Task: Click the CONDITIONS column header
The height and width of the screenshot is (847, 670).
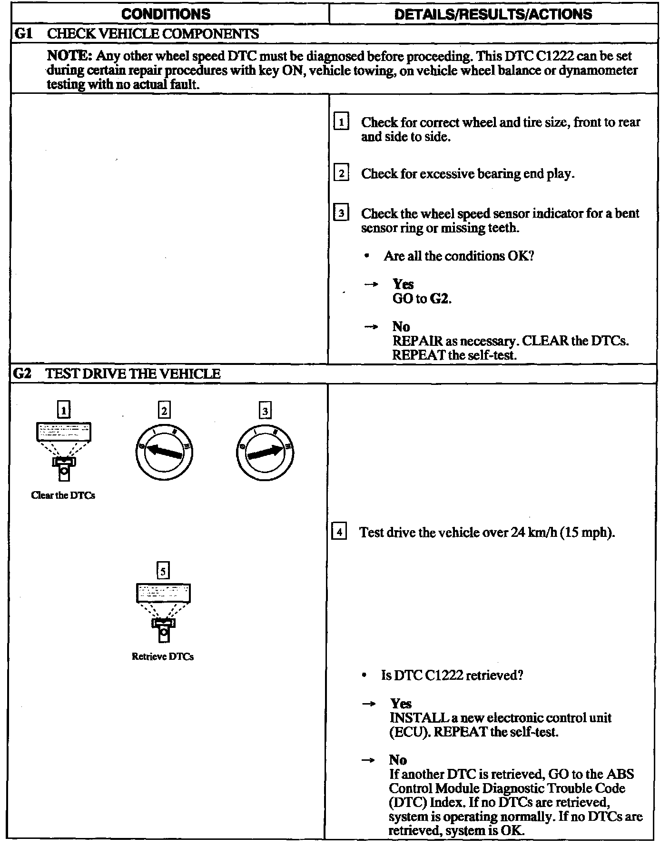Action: click(166, 14)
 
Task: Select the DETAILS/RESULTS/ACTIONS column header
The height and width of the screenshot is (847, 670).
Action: click(493, 14)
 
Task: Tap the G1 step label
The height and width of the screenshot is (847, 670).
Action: click(23, 34)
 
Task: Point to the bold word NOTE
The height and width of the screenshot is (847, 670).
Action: click(69, 56)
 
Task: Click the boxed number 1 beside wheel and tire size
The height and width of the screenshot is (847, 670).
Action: click(341, 122)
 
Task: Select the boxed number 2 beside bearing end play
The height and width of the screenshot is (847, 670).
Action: click(341, 173)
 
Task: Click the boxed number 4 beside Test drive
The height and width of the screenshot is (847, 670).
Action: click(338, 532)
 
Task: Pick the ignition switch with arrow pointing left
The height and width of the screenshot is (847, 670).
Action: click(164, 450)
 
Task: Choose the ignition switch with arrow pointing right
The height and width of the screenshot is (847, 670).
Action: click(265, 451)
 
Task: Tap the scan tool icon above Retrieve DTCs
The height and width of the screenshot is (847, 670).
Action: click(163, 611)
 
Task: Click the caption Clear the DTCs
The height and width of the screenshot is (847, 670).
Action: click(63, 495)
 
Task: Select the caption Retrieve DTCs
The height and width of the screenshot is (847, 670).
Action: click(163, 656)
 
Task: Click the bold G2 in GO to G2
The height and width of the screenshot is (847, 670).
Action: click(440, 299)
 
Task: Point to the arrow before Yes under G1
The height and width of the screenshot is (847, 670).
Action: click(371, 284)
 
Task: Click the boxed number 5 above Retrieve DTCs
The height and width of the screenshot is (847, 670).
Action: click(163, 571)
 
